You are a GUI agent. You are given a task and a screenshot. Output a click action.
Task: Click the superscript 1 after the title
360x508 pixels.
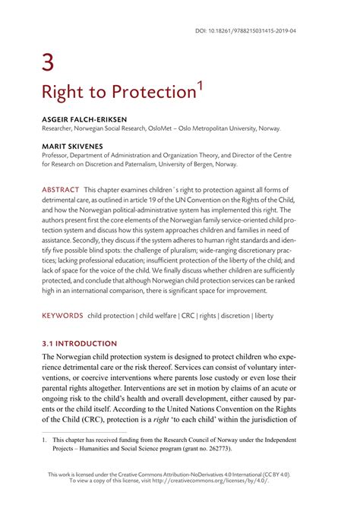tap(200, 85)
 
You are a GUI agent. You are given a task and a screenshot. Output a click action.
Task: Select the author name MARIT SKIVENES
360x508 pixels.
tap(73, 145)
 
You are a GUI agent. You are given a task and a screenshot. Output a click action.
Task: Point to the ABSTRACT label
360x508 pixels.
tap(61, 189)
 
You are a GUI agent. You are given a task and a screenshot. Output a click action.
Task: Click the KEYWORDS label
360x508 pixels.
tap(63, 314)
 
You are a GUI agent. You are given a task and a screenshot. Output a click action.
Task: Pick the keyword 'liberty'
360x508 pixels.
tap(261, 314)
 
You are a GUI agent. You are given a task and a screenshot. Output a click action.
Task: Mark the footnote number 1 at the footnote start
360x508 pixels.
tap(44, 439)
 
